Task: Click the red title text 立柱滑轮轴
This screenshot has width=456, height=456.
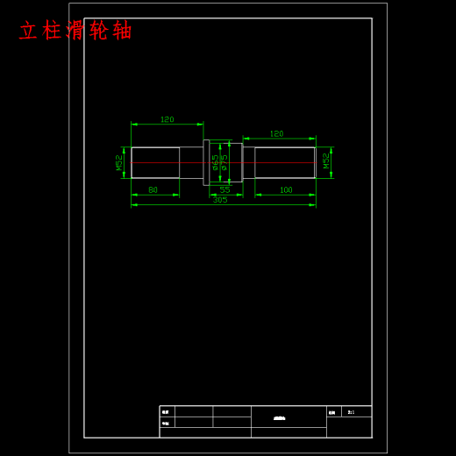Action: pyautogui.click(x=75, y=31)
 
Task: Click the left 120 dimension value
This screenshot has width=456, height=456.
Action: pyautogui.click(x=167, y=119)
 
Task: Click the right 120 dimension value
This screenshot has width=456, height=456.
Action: pyautogui.click(x=276, y=133)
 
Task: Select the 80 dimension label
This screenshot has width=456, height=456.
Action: pyautogui.click(x=153, y=190)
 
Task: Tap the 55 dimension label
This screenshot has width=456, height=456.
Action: pyautogui.click(x=224, y=190)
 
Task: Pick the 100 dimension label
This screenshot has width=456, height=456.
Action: pyautogui.click(x=286, y=190)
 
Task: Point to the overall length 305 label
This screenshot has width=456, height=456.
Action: pyautogui.click(x=220, y=200)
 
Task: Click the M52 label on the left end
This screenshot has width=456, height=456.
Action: pyautogui.click(x=119, y=162)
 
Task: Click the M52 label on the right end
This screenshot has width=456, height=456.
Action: pyautogui.click(x=326, y=160)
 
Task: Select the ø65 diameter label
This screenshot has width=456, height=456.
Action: pyautogui.click(x=216, y=162)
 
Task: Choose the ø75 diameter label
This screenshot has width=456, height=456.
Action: pyautogui.click(x=224, y=162)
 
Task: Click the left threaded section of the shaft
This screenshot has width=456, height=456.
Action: pyautogui.click(x=155, y=162)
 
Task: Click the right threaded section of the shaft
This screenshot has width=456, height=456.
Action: pyautogui.click(x=284, y=162)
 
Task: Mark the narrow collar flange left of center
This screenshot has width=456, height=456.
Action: pyautogui.click(x=206, y=162)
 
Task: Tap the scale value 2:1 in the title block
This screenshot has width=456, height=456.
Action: pyautogui.click(x=351, y=412)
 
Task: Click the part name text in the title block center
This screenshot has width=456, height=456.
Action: pyautogui.click(x=280, y=418)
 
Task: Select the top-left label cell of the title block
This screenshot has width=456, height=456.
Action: pyautogui.click(x=166, y=412)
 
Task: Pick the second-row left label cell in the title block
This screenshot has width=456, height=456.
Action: pyautogui.click(x=166, y=423)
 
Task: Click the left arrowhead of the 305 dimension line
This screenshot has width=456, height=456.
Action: pyautogui.click(x=133, y=205)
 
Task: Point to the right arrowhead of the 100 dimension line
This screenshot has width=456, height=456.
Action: pyautogui.click(x=313, y=195)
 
